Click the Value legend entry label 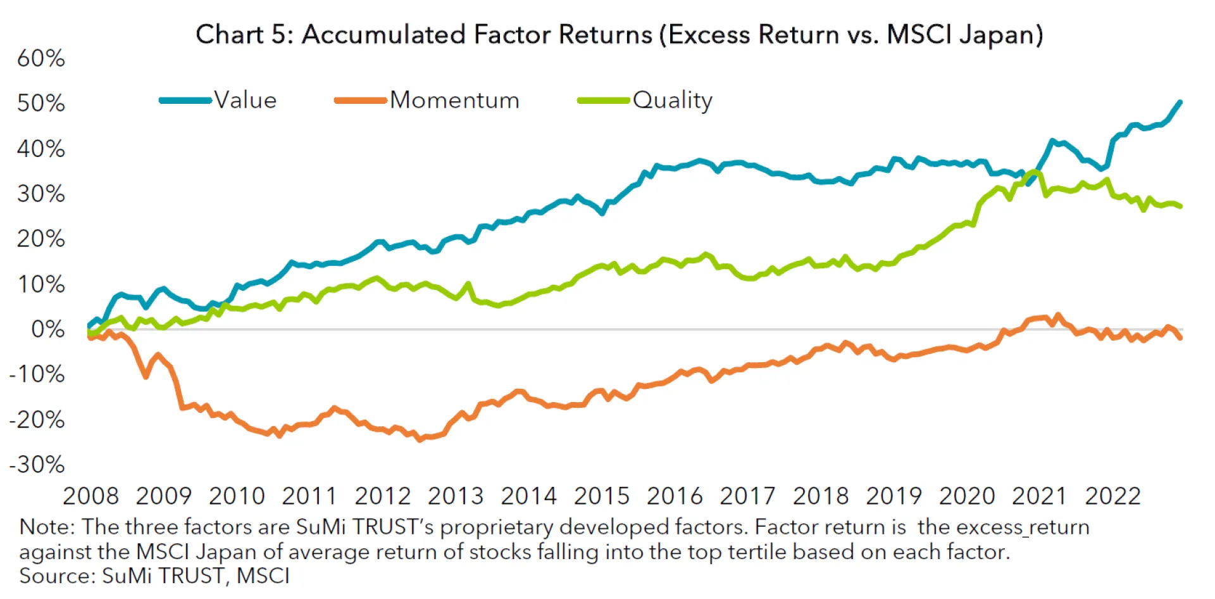(246, 100)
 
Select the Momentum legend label (454, 100)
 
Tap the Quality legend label (672, 100)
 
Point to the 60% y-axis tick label (41, 58)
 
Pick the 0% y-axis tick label (48, 329)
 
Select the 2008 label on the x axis (90, 496)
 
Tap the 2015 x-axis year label (602, 496)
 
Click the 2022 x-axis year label (1112, 496)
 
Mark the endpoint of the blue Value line (1180, 102)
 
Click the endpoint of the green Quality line (1180, 206)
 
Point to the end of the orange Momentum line (1180, 338)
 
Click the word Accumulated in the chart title (383, 34)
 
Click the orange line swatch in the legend (360, 100)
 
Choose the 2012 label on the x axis (383, 496)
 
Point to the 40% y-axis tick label (41, 149)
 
